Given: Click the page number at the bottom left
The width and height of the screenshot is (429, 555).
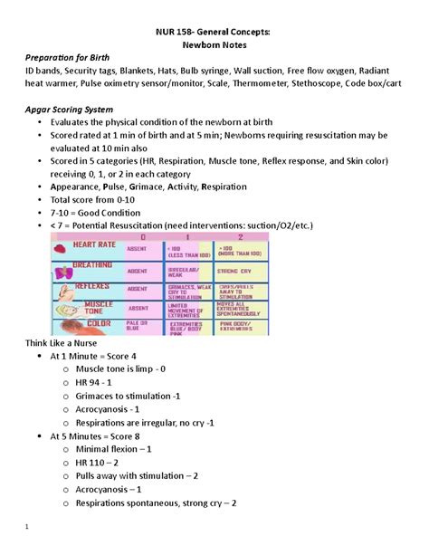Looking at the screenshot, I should [28, 527].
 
